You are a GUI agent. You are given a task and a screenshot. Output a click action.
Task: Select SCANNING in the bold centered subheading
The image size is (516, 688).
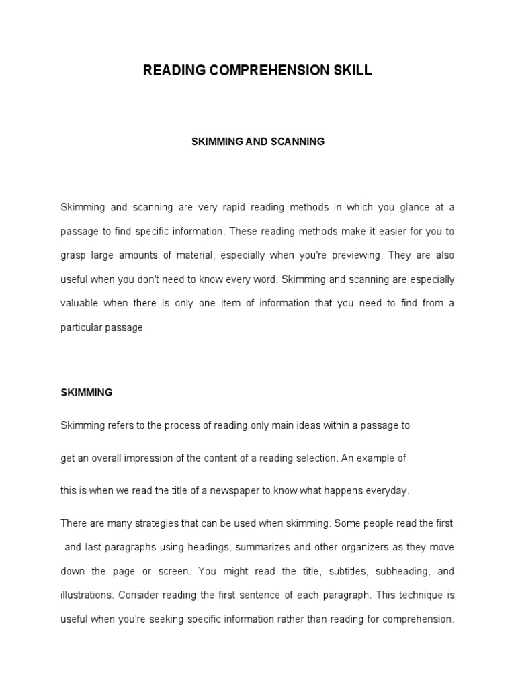[x=296, y=142]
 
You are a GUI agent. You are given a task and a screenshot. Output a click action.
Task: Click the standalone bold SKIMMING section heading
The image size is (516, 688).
[x=87, y=393]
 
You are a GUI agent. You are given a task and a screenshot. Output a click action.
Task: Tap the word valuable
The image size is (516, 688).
[x=79, y=303]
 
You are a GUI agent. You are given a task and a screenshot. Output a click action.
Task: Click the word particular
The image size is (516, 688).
[x=80, y=328]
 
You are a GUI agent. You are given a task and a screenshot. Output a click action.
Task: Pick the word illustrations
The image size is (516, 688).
[x=85, y=596]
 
